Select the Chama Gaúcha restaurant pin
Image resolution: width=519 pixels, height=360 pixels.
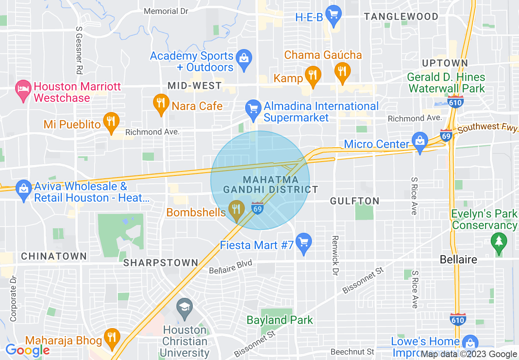point(342,71)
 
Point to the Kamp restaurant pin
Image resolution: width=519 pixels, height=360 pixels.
point(313,75)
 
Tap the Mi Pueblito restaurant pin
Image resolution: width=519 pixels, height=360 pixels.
point(111,121)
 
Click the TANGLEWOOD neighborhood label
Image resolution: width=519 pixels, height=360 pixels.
point(401,17)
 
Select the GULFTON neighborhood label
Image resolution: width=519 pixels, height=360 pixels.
point(355,201)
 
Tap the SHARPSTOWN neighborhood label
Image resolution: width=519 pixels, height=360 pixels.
point(161,263)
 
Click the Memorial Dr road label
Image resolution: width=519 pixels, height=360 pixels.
point(166,11)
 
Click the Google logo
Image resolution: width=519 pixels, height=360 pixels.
point(27,350)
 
